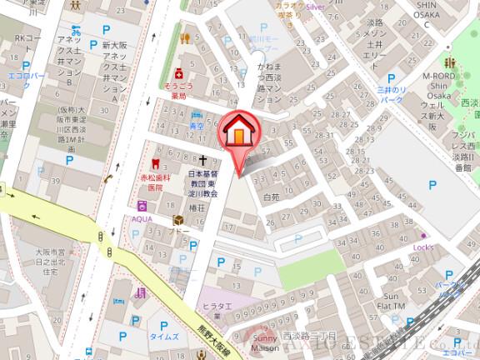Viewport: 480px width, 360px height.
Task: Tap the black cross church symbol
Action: point(202,158)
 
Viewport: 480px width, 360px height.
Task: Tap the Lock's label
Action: point(424,247)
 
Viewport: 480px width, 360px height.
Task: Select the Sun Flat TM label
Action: point(392,301)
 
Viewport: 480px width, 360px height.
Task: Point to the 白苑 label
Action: point(271,198)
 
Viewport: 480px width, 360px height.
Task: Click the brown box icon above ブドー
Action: point(177,221)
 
